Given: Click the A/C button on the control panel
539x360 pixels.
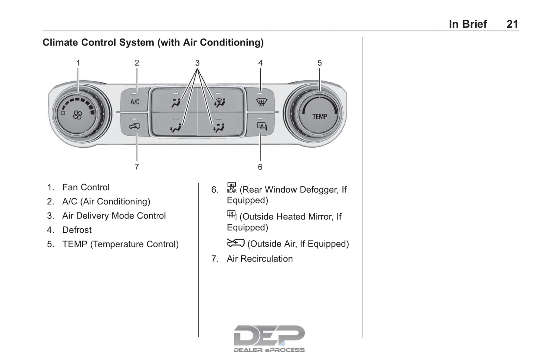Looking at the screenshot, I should click(135, 101).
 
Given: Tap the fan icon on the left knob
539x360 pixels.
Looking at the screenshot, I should click(78, 115).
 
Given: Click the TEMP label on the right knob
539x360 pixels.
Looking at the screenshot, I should click(319, 117).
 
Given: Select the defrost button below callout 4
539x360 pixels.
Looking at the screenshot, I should click(261, 101).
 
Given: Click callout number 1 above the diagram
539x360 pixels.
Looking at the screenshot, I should click(78, 63).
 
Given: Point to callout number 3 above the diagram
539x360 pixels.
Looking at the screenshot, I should click(197, 63).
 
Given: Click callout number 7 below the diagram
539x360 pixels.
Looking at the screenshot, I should click(137, 167).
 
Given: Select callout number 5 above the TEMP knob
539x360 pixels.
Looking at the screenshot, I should click(320, 63).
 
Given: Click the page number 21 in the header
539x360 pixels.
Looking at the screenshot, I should click(512, 24).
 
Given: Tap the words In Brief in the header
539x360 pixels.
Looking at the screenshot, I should click(468, 24).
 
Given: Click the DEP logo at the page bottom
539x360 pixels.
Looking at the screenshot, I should click(269, 338).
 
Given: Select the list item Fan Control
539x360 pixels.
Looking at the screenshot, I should click(86, 187).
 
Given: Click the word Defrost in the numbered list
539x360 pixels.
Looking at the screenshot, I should click(77, 230).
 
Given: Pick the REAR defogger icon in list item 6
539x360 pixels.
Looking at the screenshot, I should click(232, 187).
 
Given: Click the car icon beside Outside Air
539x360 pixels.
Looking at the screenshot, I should click(235, 243).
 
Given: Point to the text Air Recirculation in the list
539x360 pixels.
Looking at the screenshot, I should click(260, 259).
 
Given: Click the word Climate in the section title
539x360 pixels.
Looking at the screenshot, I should click(60, 43).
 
